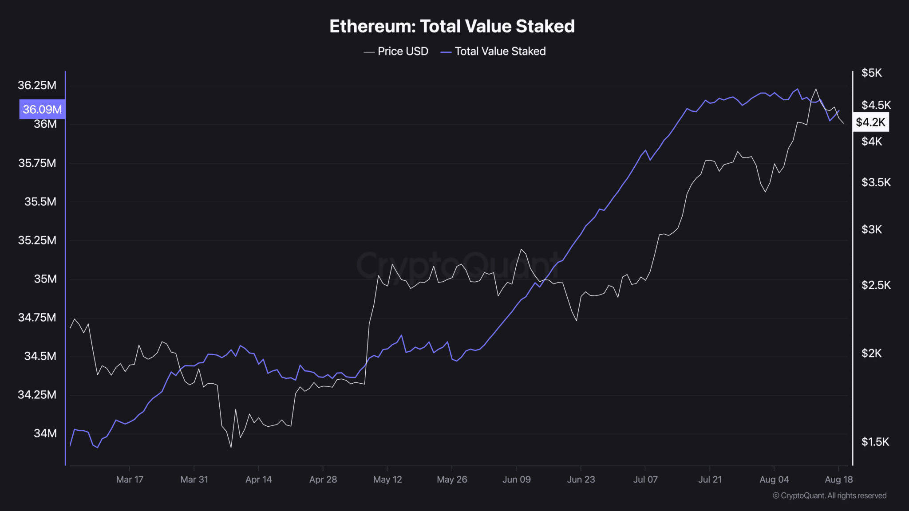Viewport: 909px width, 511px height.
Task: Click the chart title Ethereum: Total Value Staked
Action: tap(452, 27)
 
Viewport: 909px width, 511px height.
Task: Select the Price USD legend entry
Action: tap(396, 51)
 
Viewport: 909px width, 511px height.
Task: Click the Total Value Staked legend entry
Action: tap(493, 51)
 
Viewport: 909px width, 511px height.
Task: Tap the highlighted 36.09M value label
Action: tap(42, 109)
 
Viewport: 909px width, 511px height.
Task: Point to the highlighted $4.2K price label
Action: tap(870, 122)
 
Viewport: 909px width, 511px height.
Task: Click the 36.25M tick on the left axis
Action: tap(37, 85)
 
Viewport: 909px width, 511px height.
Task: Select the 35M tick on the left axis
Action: tap(45, 279)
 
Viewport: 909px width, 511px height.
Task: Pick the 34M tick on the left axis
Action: tap(45, 433)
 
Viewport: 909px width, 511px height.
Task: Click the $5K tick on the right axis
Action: tap(871, 73)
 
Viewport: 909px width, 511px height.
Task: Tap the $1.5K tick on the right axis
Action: tap(875, 442)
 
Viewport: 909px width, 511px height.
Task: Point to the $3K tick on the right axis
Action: tap(871, 229)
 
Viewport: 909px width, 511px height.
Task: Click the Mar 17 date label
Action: tap(130, 480)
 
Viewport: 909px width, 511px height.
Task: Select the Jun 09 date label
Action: tap(516, 480)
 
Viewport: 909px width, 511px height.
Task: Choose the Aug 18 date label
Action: tap(838, 480)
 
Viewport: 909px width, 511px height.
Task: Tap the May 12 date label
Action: tap(387, 480)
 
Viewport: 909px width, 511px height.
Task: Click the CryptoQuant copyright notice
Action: tap(829, 495)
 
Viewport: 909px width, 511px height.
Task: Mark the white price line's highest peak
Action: tap(816, 89)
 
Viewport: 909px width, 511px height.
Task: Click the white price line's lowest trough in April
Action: tap(231, 447)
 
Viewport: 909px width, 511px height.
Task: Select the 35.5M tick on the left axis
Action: tap(40, 202)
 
